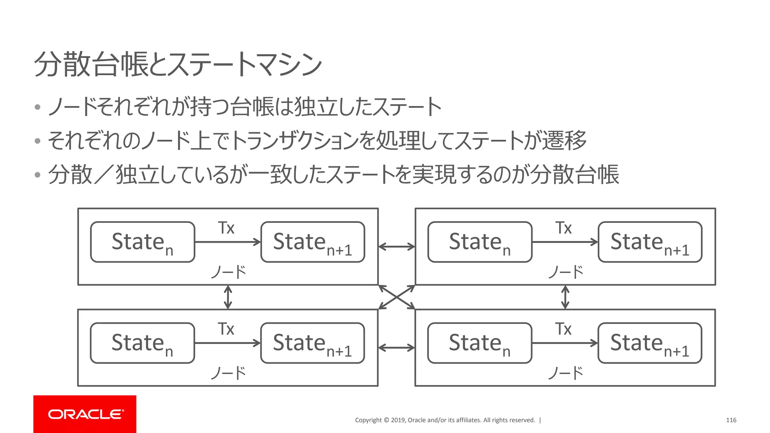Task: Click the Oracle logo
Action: [85, 414]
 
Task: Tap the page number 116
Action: [731, 420]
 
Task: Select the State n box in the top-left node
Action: [142, 242]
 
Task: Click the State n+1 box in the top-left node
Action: [313, 242]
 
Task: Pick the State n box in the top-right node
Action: [480, 242]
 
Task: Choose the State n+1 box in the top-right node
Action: [650, 242]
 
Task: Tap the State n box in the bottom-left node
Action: [142, 343]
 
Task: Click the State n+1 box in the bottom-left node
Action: [313, 343]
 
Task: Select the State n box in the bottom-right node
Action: [480, 343]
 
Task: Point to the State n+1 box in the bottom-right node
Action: [650, 343]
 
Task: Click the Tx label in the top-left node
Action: [226, 228]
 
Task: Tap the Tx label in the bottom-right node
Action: [564, 329]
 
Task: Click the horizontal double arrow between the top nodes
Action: [397, 247]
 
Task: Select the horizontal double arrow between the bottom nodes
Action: [397, 348]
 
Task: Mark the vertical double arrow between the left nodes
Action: [228, 297]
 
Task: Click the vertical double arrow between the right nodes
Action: [565, 297]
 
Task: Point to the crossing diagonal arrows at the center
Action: [397, 297]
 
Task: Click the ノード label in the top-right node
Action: [565, 272]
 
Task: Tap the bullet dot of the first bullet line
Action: [37, 107]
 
